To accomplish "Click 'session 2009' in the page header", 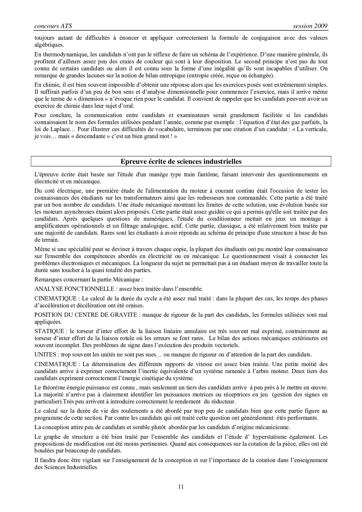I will [310, 26].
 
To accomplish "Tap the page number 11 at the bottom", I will [181, 486].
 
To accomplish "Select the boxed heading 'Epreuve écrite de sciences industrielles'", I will [181, 161].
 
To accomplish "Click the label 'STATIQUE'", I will [49, 331].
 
